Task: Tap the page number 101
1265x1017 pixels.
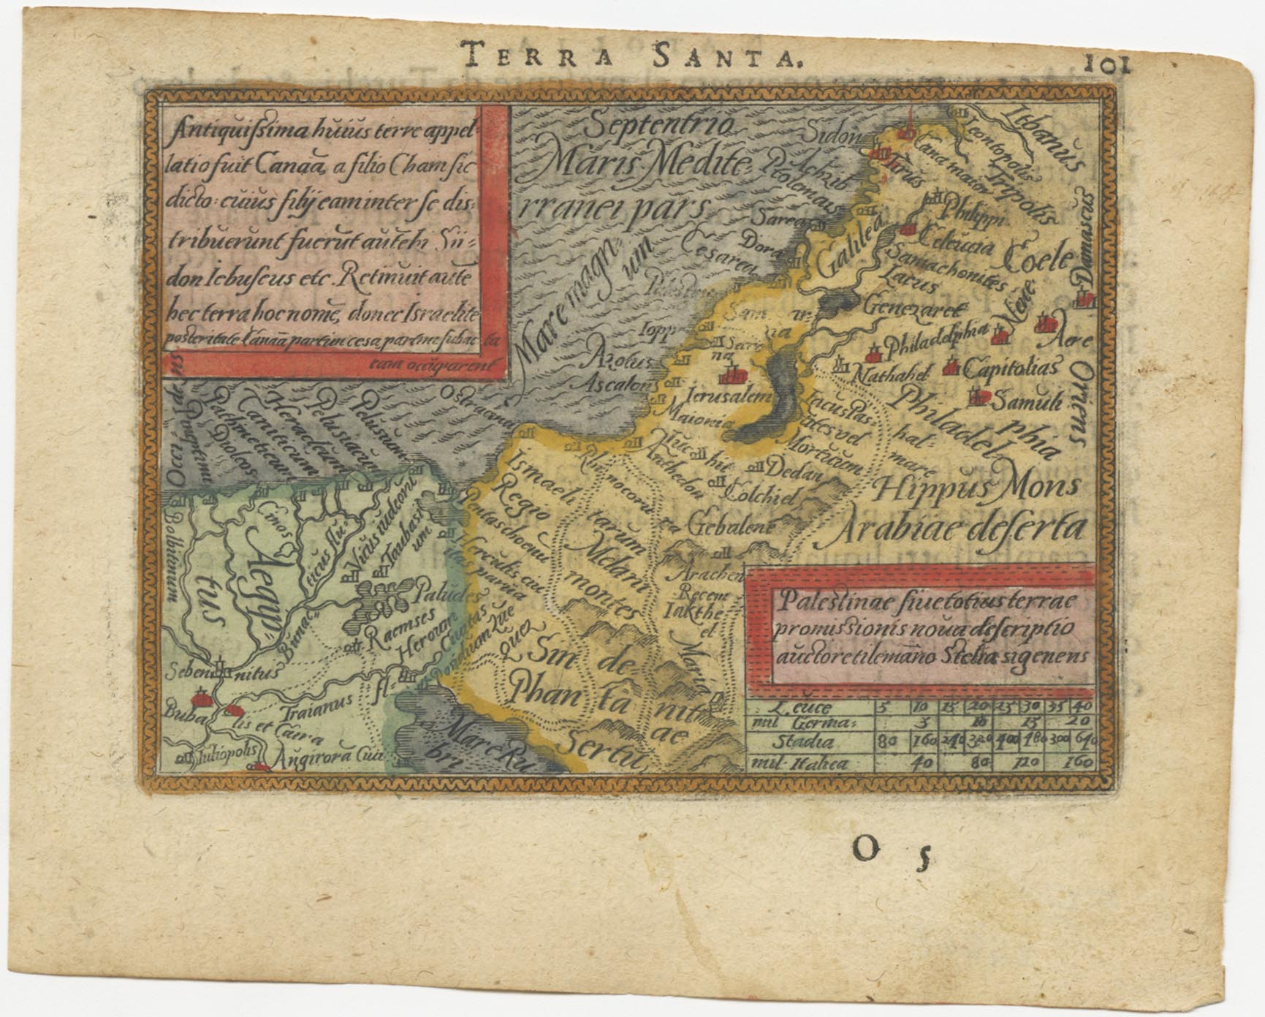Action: point(1106,64)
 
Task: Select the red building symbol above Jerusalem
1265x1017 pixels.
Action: point(733,376)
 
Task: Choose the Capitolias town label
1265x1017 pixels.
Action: point(1011,367)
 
